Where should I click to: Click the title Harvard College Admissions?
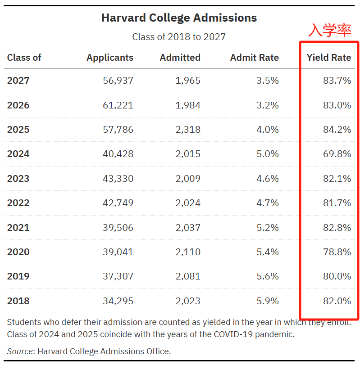pos(179,18)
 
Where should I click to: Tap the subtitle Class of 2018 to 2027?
pos(179,36)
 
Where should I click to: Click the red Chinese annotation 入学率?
pos(330,30)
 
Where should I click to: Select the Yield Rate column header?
pos(328,58)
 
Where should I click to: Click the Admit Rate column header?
pos(254,58)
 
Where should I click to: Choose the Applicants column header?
pos(110,58)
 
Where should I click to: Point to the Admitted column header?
pos(180,58)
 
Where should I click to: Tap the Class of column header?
pos(24,58)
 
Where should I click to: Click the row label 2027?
pos(18,81)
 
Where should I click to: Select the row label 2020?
pos(18,252)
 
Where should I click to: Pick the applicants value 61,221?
pos(118,105)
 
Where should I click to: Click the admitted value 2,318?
pos(188,130)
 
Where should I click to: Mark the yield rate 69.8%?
pos(337,154)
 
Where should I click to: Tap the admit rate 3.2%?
pos(268,105)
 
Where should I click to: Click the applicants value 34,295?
pos(118,301)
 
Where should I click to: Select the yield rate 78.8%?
pos(337,252)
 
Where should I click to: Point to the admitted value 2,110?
pos(188,252)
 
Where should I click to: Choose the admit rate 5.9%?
pos(268,301)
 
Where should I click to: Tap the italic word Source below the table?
pos(20,351)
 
